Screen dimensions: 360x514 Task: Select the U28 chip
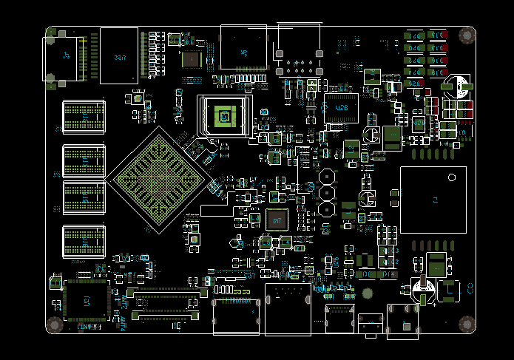click(x=341, y=108)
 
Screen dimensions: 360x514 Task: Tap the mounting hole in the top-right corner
click(x=467, y=35)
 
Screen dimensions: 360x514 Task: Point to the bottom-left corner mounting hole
click(x=54, y=325)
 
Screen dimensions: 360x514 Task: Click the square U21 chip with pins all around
click(x=87, y=302)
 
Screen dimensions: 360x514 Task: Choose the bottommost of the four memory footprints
click(x=84, y=241)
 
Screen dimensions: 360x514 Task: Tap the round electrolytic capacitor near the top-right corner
click(x=456, y=85)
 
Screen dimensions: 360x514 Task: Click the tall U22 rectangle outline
click(x=118, y=55)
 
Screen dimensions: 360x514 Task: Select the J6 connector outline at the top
click(x=243, y=48)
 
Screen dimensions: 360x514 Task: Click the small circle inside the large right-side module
click(x=453, y=177)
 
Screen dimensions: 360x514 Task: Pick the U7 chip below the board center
click(x=277, y=220)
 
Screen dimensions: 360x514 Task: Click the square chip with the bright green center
click(x=223, y=116)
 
